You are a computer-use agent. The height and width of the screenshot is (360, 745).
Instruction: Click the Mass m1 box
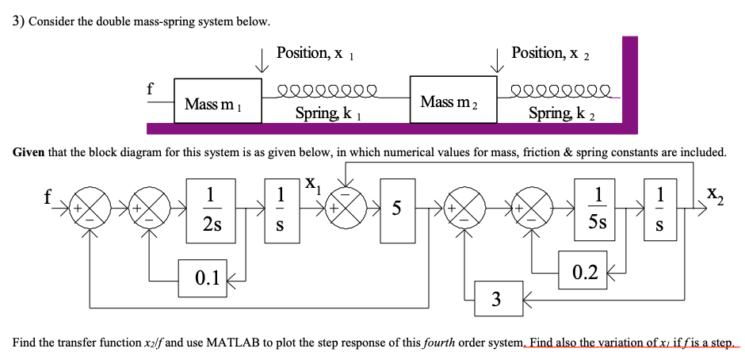pyautogui.click(x=218, y=101)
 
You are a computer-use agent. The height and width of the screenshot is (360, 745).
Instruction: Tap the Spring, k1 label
pyautogui.click(x=329, y=113)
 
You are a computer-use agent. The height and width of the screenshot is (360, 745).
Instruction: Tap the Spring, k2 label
pyautogui.click(x=564, y=113)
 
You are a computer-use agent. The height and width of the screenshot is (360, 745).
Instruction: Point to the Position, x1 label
pyautogui.click(x=315, y=53)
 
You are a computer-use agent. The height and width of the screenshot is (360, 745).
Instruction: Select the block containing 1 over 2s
pyautogui.click(x=210, y=208)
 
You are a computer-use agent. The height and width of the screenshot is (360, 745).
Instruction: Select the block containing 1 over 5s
pyautogui.click(x=599, y=208)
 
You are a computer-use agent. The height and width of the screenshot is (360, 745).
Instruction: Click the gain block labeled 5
pyautogui.click(x=397, y=209)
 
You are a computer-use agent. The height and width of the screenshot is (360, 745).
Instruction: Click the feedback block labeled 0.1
pyautogui.click(x=203, y=276)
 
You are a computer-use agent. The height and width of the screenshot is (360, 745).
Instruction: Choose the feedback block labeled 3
pyautogui.click(x=497, y=299)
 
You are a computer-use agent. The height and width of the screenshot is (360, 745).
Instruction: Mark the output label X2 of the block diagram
pyautogui.click(x=714, y=192)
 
